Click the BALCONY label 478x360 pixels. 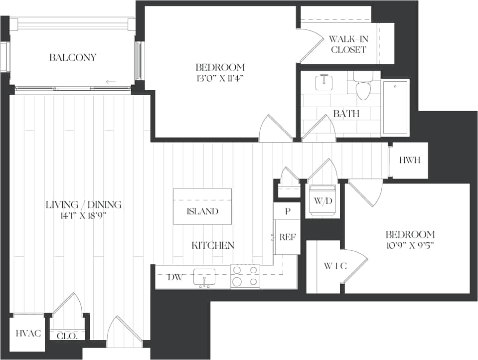72,57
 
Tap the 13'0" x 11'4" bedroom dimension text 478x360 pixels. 220,78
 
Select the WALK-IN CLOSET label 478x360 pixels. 348,44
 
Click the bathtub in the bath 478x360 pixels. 395,107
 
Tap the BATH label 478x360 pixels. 346,114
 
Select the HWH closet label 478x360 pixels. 410,161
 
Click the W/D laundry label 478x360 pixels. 322,200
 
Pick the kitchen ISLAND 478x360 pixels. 202,211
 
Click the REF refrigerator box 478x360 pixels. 288,237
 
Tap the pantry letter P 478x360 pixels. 287,211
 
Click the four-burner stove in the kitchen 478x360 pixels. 245,276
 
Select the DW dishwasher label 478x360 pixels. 174,277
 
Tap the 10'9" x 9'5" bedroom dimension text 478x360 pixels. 410,245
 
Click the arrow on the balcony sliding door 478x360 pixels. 111,82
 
